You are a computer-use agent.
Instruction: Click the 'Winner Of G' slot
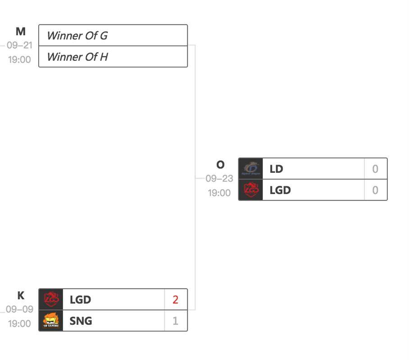(x=113, y=36)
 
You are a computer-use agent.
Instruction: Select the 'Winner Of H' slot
(x=113, y=57)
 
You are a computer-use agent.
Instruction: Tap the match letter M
(x=21, y=31)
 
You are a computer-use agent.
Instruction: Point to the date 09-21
(x=19, y=45)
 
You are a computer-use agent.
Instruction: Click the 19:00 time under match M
(x=19, y=59)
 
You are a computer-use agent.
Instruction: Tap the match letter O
(x=220, y=165)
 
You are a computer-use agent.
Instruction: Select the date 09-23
(x=219, y=179)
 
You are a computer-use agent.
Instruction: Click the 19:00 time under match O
(x=219, y=193)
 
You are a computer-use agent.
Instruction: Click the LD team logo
(x=250, y=169)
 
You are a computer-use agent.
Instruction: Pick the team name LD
(x=276, y=169)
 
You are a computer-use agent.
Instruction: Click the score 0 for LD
(x=375, y=169)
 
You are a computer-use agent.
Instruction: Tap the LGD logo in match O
(x=250, y=190)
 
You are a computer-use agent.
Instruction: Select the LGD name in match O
(x=280, y=190)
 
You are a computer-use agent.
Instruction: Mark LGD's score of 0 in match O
(x=375, y=190)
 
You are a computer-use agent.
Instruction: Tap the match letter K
(x=21, y=296)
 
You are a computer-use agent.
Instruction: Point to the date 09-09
(x=19, y=310)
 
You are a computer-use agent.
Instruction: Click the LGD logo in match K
(x=51, y=299)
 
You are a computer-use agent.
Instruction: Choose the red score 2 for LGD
(x=175, y=300)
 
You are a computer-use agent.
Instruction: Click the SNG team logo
(x=51, y=320)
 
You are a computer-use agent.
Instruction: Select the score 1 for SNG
(x=175, y=321)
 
